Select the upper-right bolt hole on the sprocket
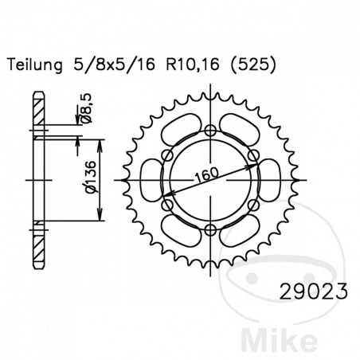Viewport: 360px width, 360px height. click(x=253, y=156)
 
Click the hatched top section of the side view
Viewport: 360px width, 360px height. click(x=37, y=108)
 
